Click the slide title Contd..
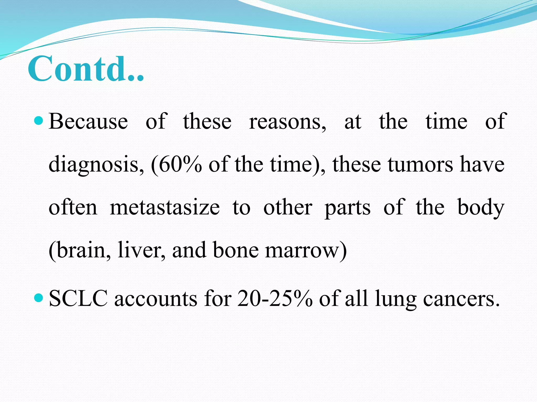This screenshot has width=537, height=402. point(86,69)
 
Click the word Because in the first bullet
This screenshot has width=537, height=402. point(88,121)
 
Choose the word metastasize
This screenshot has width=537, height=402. point(165,207)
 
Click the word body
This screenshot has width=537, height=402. point(481,208)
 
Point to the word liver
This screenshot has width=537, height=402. point(141,250)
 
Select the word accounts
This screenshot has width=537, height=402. point(156,299)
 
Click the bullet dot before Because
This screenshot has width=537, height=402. point(39,121)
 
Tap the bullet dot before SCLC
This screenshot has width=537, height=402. point(39,298)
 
